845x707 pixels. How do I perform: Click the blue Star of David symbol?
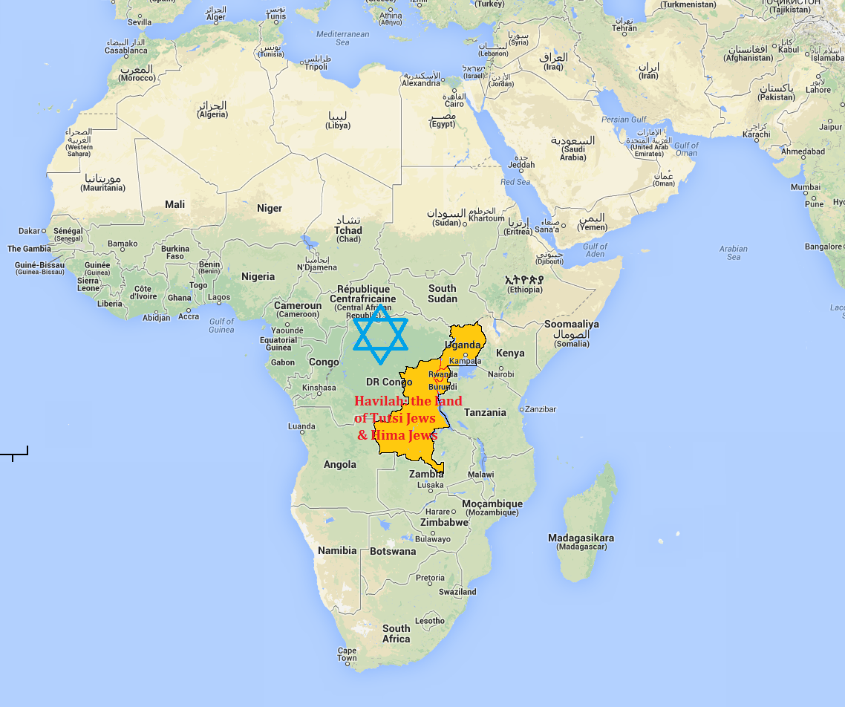(380, 334)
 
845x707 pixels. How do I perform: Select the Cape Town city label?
(347, 654)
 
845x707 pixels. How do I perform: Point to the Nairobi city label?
(500, 374)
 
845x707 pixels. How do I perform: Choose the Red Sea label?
(515, 182)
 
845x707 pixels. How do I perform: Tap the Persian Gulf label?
(624, 120)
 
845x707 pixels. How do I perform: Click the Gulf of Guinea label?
(221, 325)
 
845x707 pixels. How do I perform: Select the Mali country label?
(175, 204)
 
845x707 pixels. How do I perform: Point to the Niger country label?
(270, 208)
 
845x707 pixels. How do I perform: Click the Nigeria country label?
(258, 276)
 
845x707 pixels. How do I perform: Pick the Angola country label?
(339, 464)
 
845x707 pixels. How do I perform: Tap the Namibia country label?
(337, 550)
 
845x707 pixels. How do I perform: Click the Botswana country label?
(393, 551)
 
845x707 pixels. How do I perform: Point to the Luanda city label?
(301, 426)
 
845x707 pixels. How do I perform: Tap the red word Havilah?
(379, 401)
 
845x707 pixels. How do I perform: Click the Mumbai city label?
(806, 187)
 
